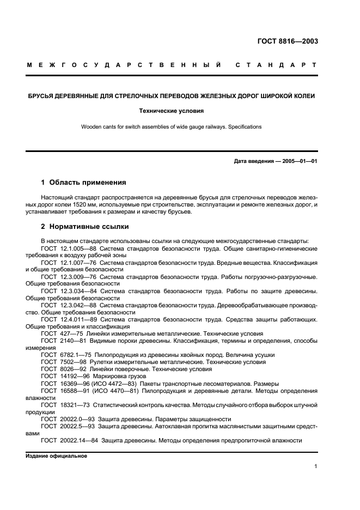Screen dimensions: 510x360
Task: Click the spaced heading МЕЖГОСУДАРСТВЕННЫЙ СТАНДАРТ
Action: (x=172, y=66)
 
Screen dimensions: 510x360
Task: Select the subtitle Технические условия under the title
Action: (x=172, y=111)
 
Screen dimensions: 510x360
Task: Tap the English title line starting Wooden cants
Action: (x=172, y=127)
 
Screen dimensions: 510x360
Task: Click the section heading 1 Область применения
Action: (x=84, y=183)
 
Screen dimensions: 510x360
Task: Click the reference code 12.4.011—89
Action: (x=74, y=319)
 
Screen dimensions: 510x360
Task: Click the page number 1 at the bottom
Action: (x=316, y=466)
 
